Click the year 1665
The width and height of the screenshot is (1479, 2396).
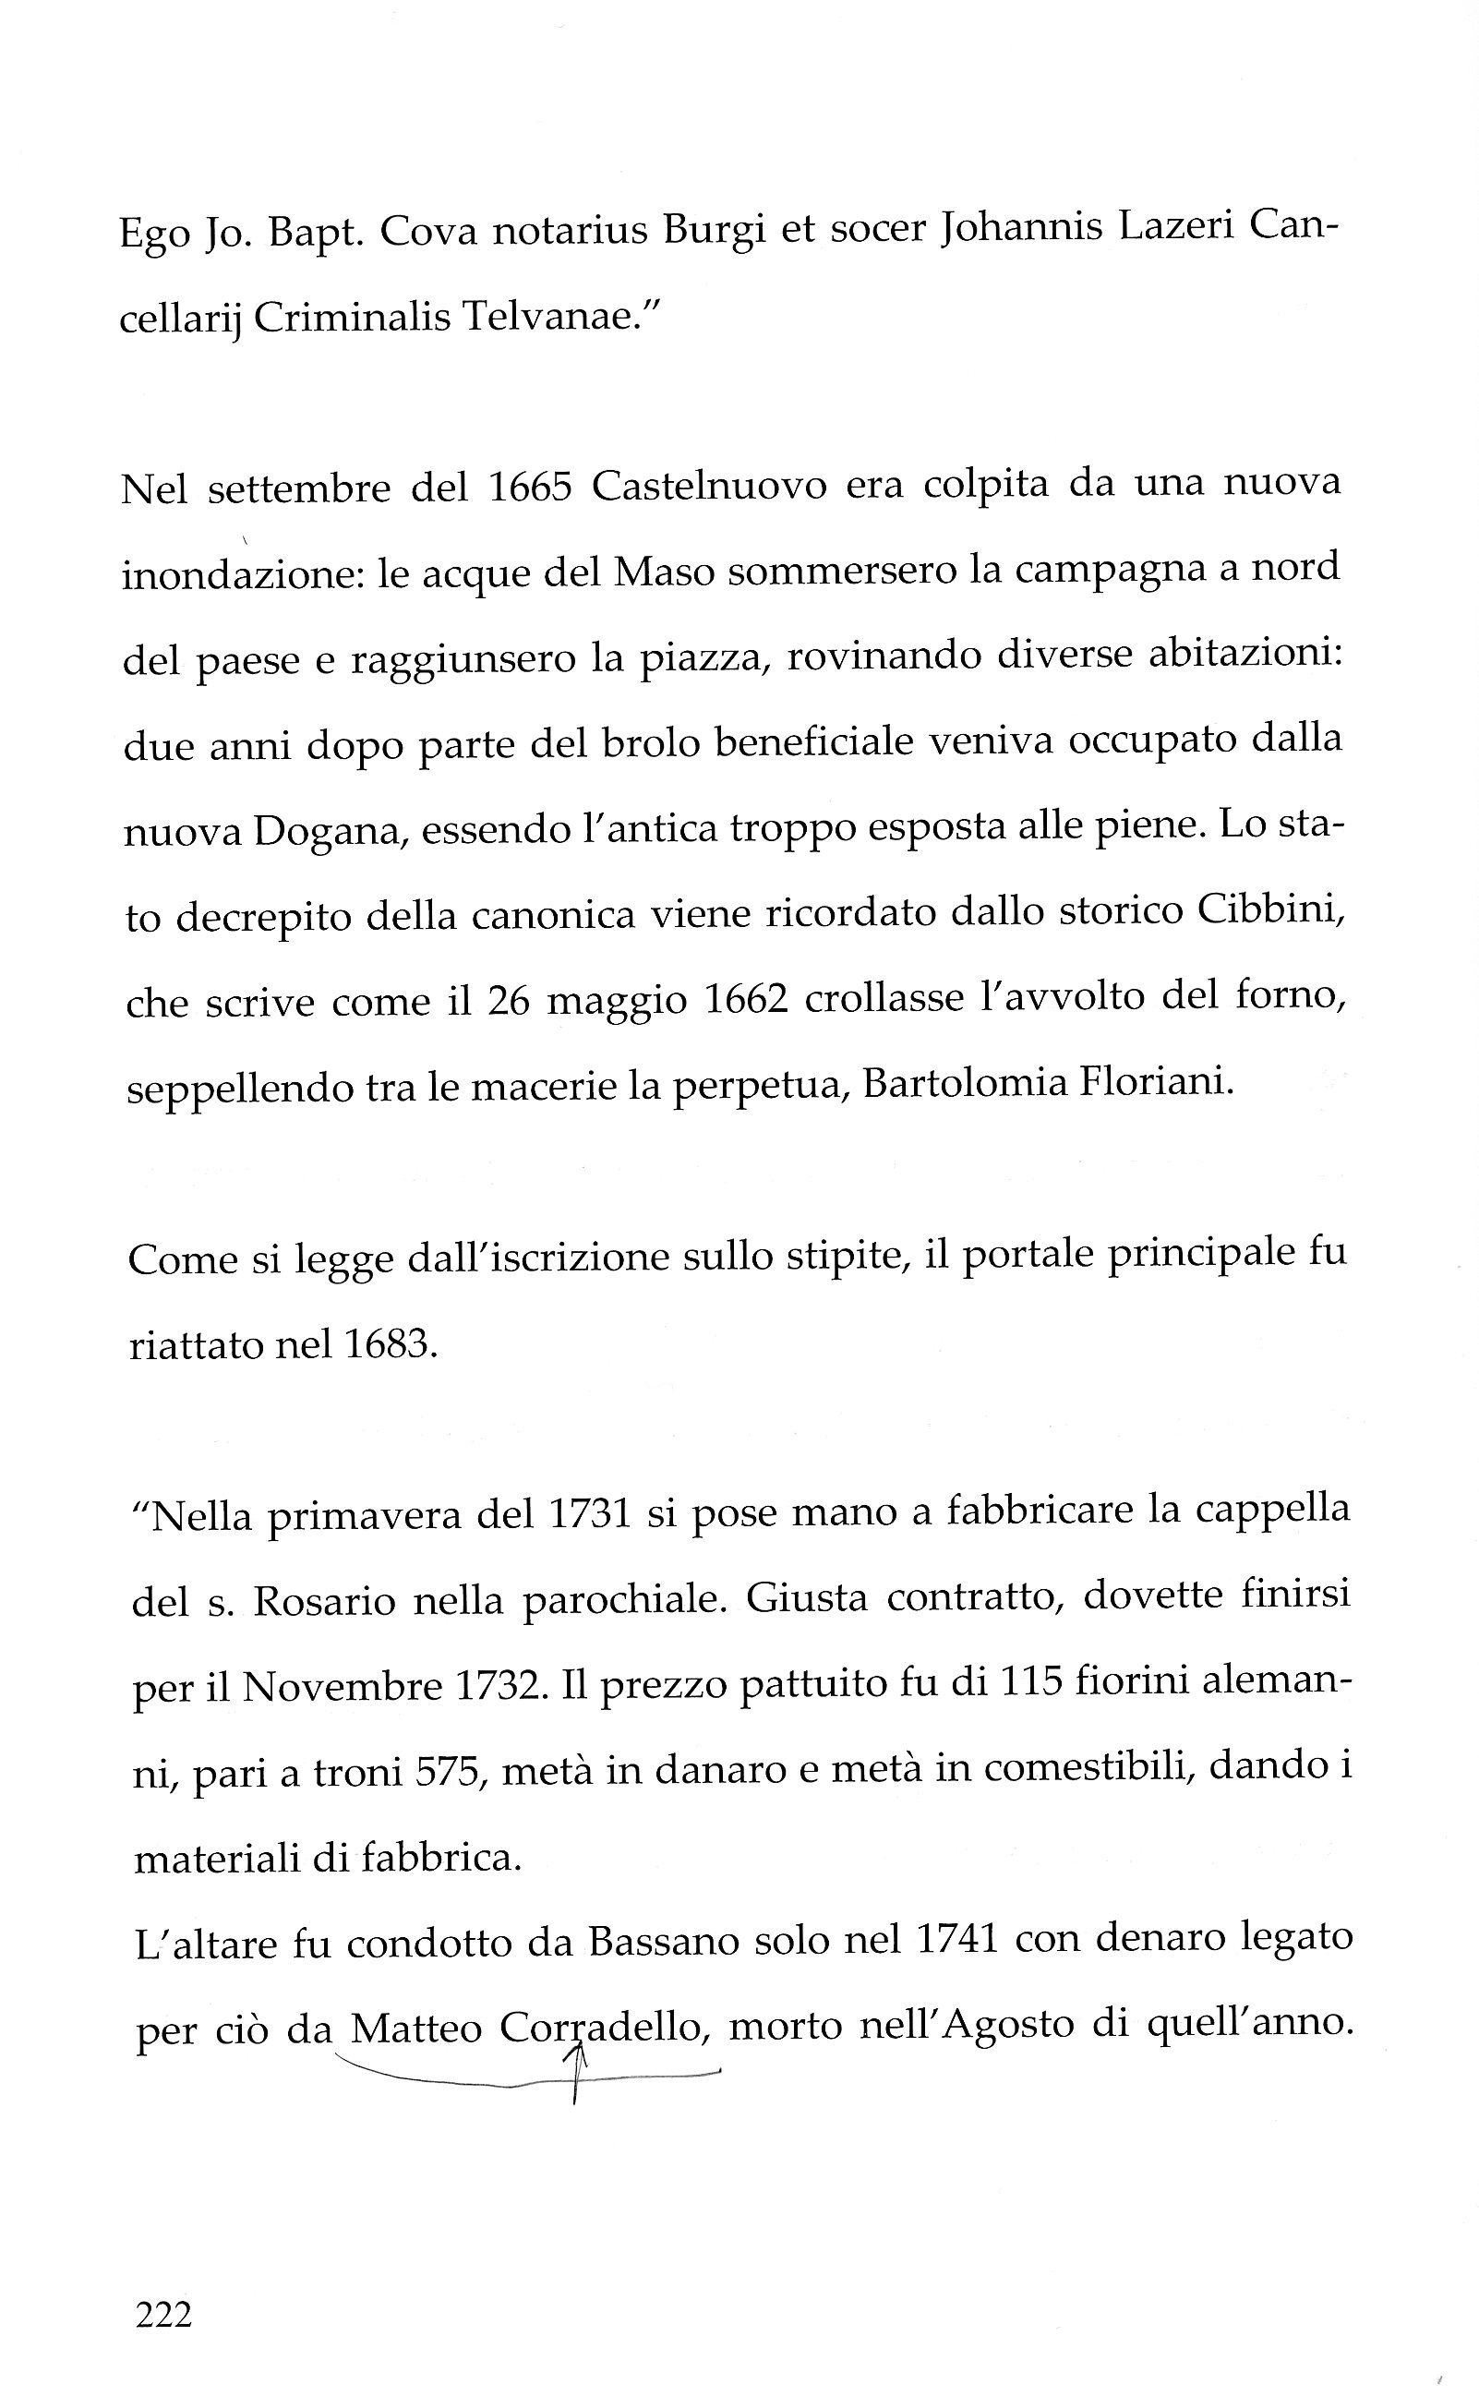(x=529, y=486)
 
